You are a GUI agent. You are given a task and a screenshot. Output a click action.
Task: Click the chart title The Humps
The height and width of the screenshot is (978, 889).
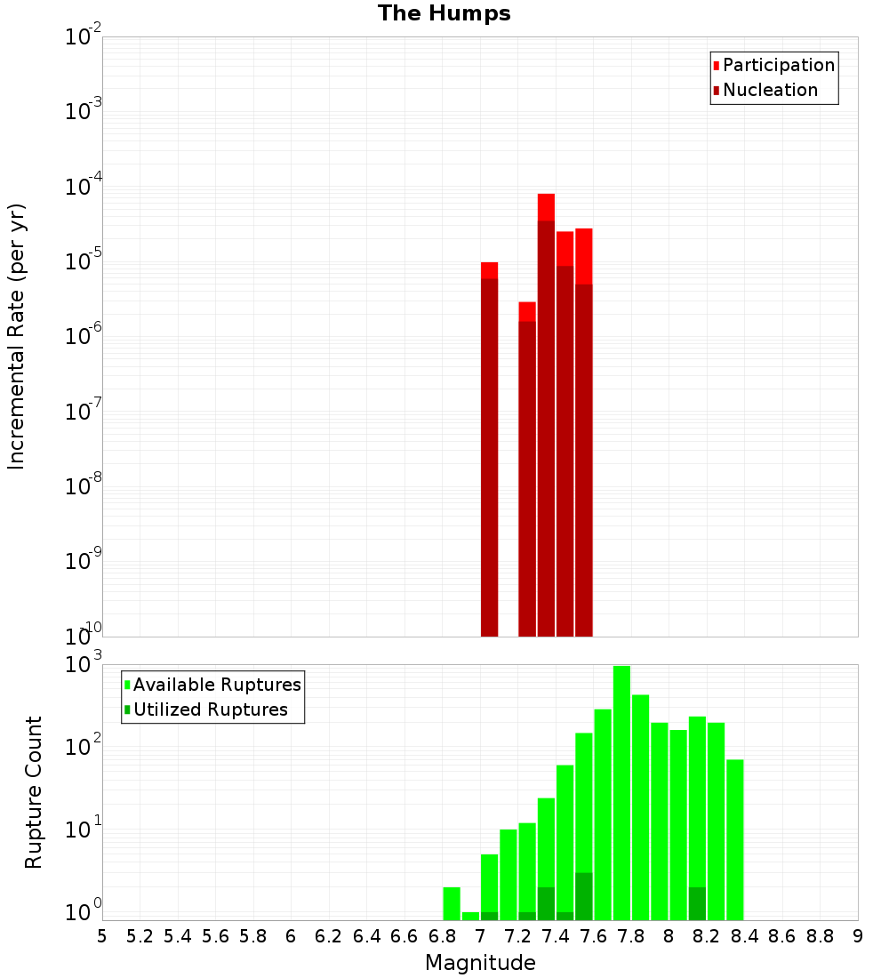pyautogui.click(x=444, y=13)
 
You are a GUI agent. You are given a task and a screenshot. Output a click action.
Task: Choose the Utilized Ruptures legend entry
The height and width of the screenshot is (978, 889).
pyautogui.click(x=210, y=709)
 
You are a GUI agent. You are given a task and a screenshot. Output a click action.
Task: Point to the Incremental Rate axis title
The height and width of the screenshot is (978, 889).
pyautogui.click(x=17, y=336)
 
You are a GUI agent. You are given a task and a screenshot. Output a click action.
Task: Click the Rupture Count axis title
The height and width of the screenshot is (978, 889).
pyautogui.click(x=34, y=791)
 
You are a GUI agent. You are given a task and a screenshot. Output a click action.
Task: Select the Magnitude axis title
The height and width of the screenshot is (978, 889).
pyautogui.click(x=480, y=963)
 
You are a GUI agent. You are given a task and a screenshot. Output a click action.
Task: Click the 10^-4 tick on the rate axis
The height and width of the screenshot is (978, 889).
pyautogui.click(x=84, y=188)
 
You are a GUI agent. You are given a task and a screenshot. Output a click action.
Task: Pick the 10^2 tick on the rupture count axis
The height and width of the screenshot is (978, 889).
pyautogui.click(x=84, y=746)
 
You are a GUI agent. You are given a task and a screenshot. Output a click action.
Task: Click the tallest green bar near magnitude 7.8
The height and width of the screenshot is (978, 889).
pyautogui.click(x=621, y=791)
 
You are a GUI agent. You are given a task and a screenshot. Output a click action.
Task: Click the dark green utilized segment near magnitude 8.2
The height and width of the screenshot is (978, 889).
pyautogui.click(x=697, y=903)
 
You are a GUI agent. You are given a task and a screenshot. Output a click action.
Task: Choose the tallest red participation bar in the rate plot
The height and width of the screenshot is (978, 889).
pyautogui.click(x=546, y=206)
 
